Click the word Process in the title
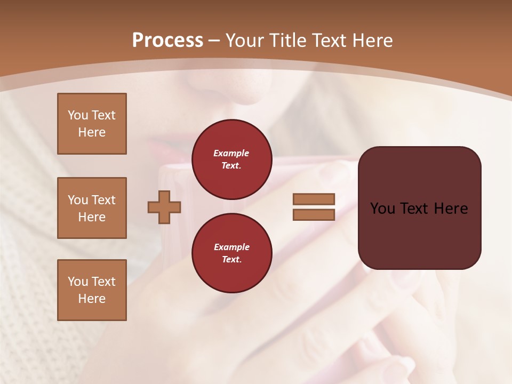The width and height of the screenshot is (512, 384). (x=167, y=41)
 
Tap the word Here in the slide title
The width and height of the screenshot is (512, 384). (x=372, y=41)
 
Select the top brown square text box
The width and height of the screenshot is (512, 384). (x=92, y=124)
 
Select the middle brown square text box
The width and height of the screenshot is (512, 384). (x=92, y=208)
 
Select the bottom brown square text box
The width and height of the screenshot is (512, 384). (x=92, y=290)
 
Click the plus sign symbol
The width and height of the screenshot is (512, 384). (x=164, y=207)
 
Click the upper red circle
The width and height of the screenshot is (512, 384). (x=231, y=159)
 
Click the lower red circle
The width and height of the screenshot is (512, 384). (x=231, y=253)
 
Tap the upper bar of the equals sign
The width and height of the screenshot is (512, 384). (x=314, y=199)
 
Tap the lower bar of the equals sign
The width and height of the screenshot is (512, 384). (x=314, y=214)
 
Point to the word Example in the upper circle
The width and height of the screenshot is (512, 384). (x=231, y=153)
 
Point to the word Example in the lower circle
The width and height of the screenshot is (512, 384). (x=231, y=247)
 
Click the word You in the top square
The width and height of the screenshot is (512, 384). (x=77, y=115)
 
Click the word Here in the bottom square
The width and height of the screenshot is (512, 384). (x=92, y=299)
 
